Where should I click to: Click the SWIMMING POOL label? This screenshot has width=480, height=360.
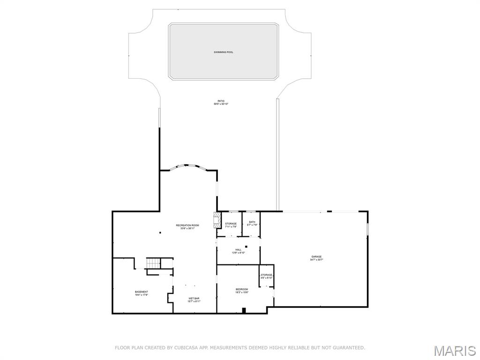coord(224,52)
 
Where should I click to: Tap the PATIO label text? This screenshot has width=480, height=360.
coord(221,101)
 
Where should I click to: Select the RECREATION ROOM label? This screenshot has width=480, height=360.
coord(187,225)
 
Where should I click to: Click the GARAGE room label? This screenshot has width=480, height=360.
coord(316,256)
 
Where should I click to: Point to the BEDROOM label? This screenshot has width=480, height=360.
coord(242,289)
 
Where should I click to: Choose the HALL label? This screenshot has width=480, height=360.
coord(238,249)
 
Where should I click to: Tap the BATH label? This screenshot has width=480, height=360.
coord(252,222)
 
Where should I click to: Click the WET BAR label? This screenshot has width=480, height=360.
coord(194,298)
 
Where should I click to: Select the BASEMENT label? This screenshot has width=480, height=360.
coord(142,292)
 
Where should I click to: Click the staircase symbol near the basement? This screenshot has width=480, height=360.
coord(153,263)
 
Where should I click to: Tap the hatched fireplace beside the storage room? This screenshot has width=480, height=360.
coord(217,220)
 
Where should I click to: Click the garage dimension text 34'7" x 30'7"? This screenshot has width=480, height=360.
coord(316,260)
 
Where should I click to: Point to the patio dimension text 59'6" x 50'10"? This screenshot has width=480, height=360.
coord(221,104)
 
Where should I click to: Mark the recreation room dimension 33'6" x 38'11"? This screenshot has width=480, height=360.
coord(187,229)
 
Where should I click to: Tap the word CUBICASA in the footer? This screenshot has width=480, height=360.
coord(178,348)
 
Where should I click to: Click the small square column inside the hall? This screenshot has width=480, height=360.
coord(246,247)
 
